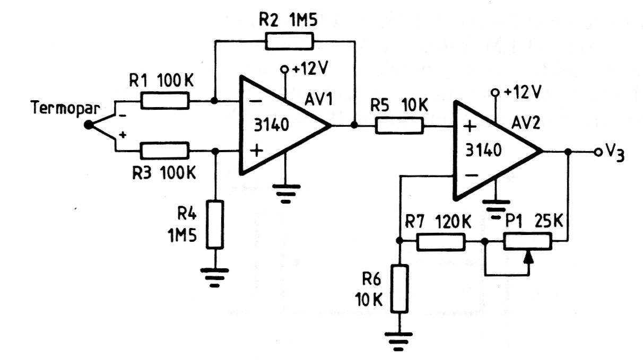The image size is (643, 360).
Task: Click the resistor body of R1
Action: point(165,100)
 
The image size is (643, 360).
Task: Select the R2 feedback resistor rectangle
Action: point(290,40)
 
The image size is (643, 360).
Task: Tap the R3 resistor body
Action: point(165,152)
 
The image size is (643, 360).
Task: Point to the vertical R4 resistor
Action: point(215,224)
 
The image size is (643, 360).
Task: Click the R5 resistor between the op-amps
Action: point(399,126)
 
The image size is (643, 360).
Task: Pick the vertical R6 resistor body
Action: point(399,289)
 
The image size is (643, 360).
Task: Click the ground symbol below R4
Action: point(215,277)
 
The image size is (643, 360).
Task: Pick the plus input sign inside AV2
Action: point(468,127)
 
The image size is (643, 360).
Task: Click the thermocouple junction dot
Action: point(88,126)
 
